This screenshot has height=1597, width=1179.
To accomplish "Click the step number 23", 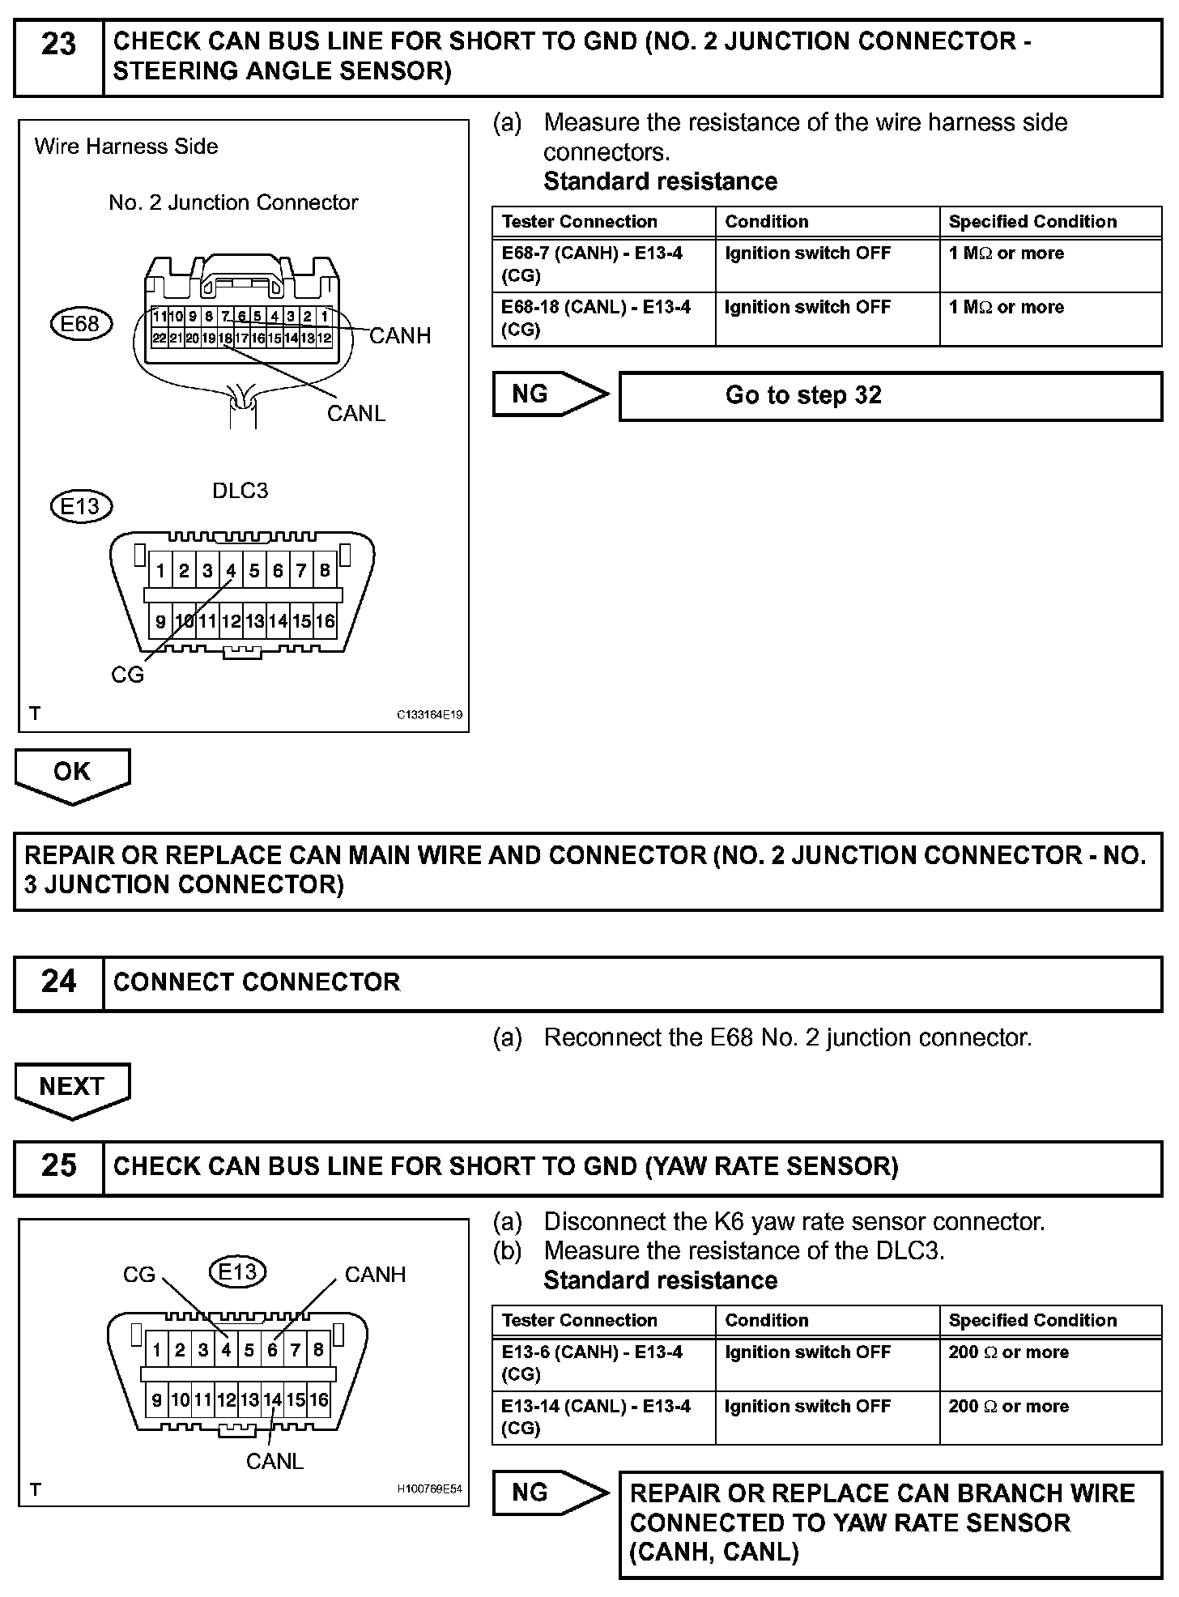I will [58, 45].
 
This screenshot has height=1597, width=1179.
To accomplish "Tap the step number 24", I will [58, 982].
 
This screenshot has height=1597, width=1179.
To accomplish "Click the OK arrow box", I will [72, 773].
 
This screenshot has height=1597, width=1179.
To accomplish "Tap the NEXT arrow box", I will [72, 1088].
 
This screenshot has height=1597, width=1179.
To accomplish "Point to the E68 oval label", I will [80, 324].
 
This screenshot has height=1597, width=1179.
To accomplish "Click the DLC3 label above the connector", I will [240, 491].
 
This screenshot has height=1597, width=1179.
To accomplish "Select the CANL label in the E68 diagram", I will [355, 414].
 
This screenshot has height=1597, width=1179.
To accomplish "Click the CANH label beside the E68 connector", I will [400, 336].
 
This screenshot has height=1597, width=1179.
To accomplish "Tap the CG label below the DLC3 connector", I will [127, 675].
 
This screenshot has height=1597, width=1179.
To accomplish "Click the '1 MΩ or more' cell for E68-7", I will [1007, 253].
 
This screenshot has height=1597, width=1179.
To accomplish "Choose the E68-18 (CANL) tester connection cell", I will [596, 318].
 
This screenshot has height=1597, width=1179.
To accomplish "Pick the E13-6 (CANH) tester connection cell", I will [592, 1363].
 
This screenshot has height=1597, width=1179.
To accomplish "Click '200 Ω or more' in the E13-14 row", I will [1008, 1407].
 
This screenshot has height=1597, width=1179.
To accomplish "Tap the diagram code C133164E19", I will [429, 715].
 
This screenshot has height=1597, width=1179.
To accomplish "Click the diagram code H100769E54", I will [429, 1489].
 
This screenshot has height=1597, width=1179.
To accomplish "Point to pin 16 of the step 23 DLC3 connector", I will [325, 621].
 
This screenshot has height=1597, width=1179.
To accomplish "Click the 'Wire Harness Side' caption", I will [126, 147].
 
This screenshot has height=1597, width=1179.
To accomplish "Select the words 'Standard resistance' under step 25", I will [660, 1280].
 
